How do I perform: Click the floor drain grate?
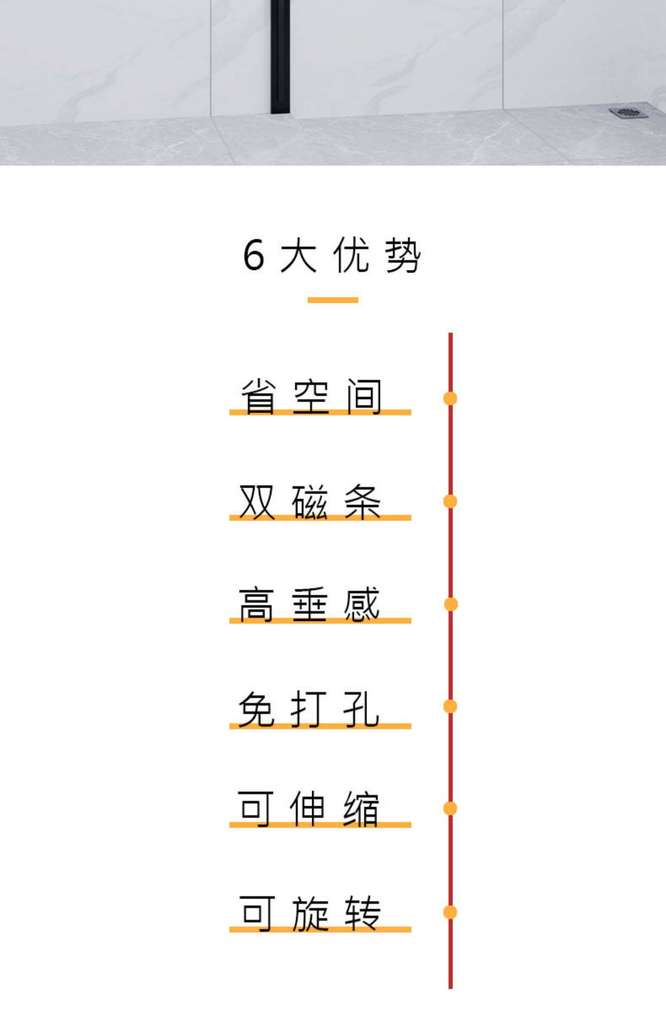tap(629, 113)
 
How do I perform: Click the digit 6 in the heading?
tap(254, 255)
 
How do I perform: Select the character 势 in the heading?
tap(402, 255)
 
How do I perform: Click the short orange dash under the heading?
tap(333, 300)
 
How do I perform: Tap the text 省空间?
tap(311, 397)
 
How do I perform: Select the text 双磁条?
tap(310, 502)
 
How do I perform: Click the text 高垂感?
tap(309, 604)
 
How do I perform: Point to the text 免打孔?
tap(309, 709)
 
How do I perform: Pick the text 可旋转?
tap(310, 913)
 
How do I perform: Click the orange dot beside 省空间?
tap(450, 398)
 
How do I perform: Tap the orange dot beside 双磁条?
tap(450, 501)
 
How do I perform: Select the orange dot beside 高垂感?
tap(451, 604)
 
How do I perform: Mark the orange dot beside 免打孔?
tap(450, 706)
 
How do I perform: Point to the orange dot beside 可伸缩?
tap(450, 809)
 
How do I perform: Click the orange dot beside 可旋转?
tap(450, 912)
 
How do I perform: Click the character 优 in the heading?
tap(351, 255)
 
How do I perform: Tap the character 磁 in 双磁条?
tap(309, 502)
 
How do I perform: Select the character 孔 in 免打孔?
tap(361, 709)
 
